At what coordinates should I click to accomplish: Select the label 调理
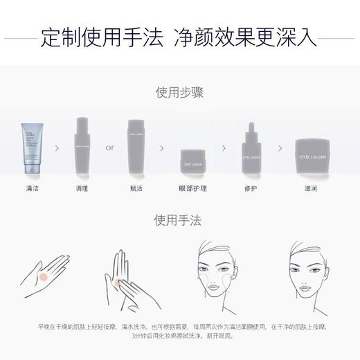[82, 188]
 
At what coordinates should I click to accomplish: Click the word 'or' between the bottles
[109, 147]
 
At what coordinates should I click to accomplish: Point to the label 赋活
[136, 188]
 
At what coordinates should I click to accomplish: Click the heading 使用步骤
[179, 93]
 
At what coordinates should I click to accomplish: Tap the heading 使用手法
[179, 221]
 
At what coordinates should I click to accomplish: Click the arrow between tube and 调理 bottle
[57, 147]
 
